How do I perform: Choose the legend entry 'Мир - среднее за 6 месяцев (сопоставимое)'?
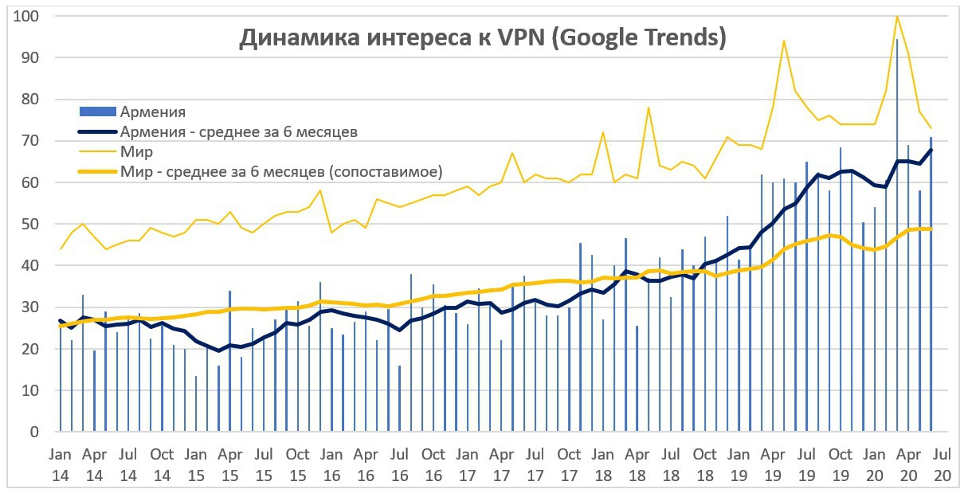(x=281, y=171)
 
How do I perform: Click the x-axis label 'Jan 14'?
(x=61, y=464)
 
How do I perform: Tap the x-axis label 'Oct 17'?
(x=569, y=464)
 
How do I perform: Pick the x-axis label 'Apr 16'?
(x=366, y=464)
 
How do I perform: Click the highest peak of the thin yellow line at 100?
(x=897, y=17)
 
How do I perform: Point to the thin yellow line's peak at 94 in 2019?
(x=784, y=41)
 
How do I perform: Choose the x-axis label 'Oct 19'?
(x=841, y=464)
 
